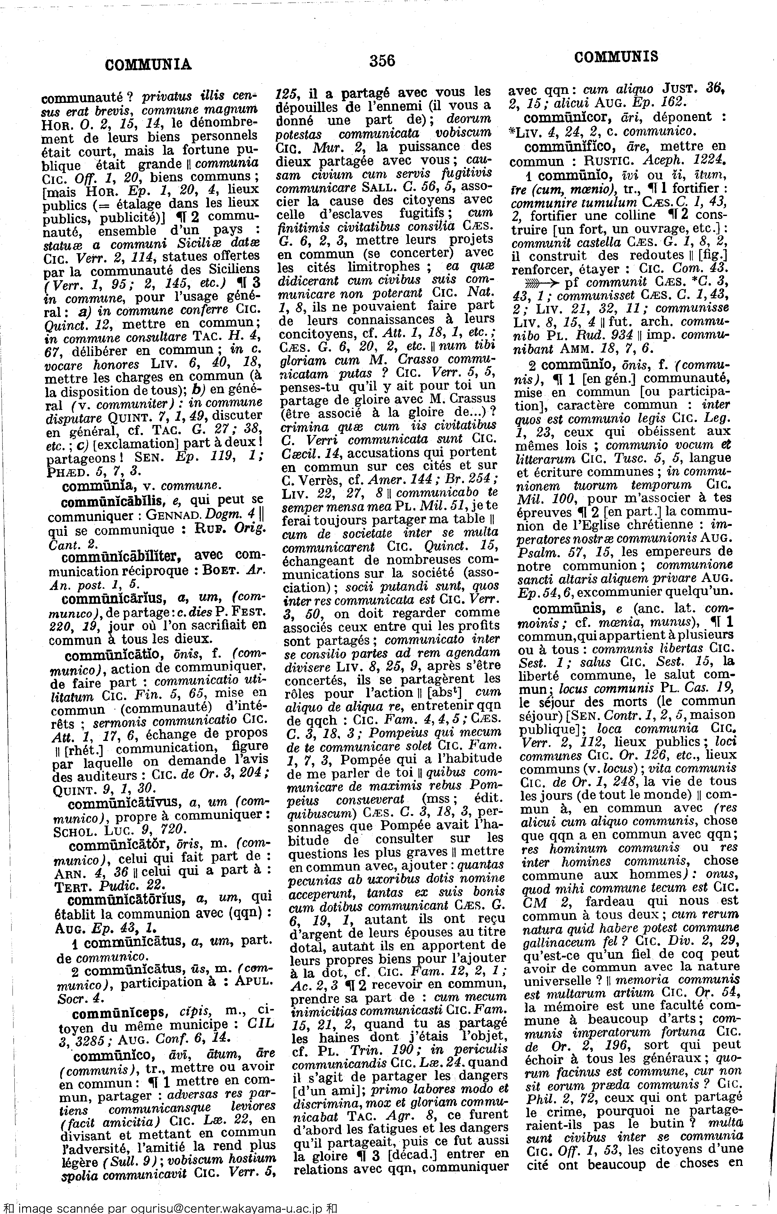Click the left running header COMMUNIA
148,65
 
